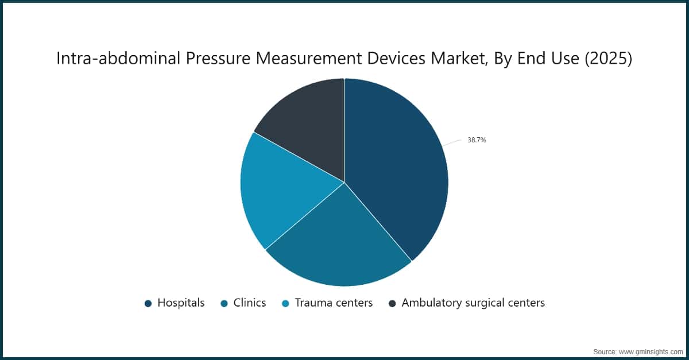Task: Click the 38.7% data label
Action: tap(477, 140)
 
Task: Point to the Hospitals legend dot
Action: tap(148, 303)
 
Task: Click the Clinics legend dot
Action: tap(224, 303)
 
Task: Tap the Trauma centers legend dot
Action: tap(285, 303)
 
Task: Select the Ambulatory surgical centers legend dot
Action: tap(392, 303)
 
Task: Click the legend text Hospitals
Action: tap(181, 303)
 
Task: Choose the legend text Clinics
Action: tap(250, 303)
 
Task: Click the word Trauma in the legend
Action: tap(313, 303)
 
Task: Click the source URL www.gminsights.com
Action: tap(650, 350)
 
